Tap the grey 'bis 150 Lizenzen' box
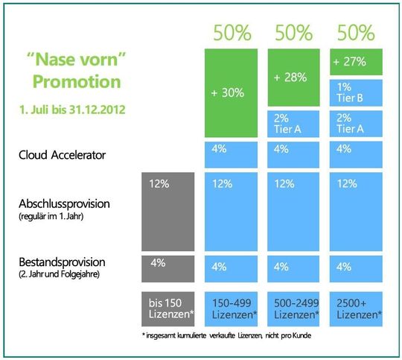pos(167,309)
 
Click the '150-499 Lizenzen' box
pos(232,309)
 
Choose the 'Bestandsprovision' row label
pos(63,262)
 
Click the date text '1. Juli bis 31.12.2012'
pos(72,110)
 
